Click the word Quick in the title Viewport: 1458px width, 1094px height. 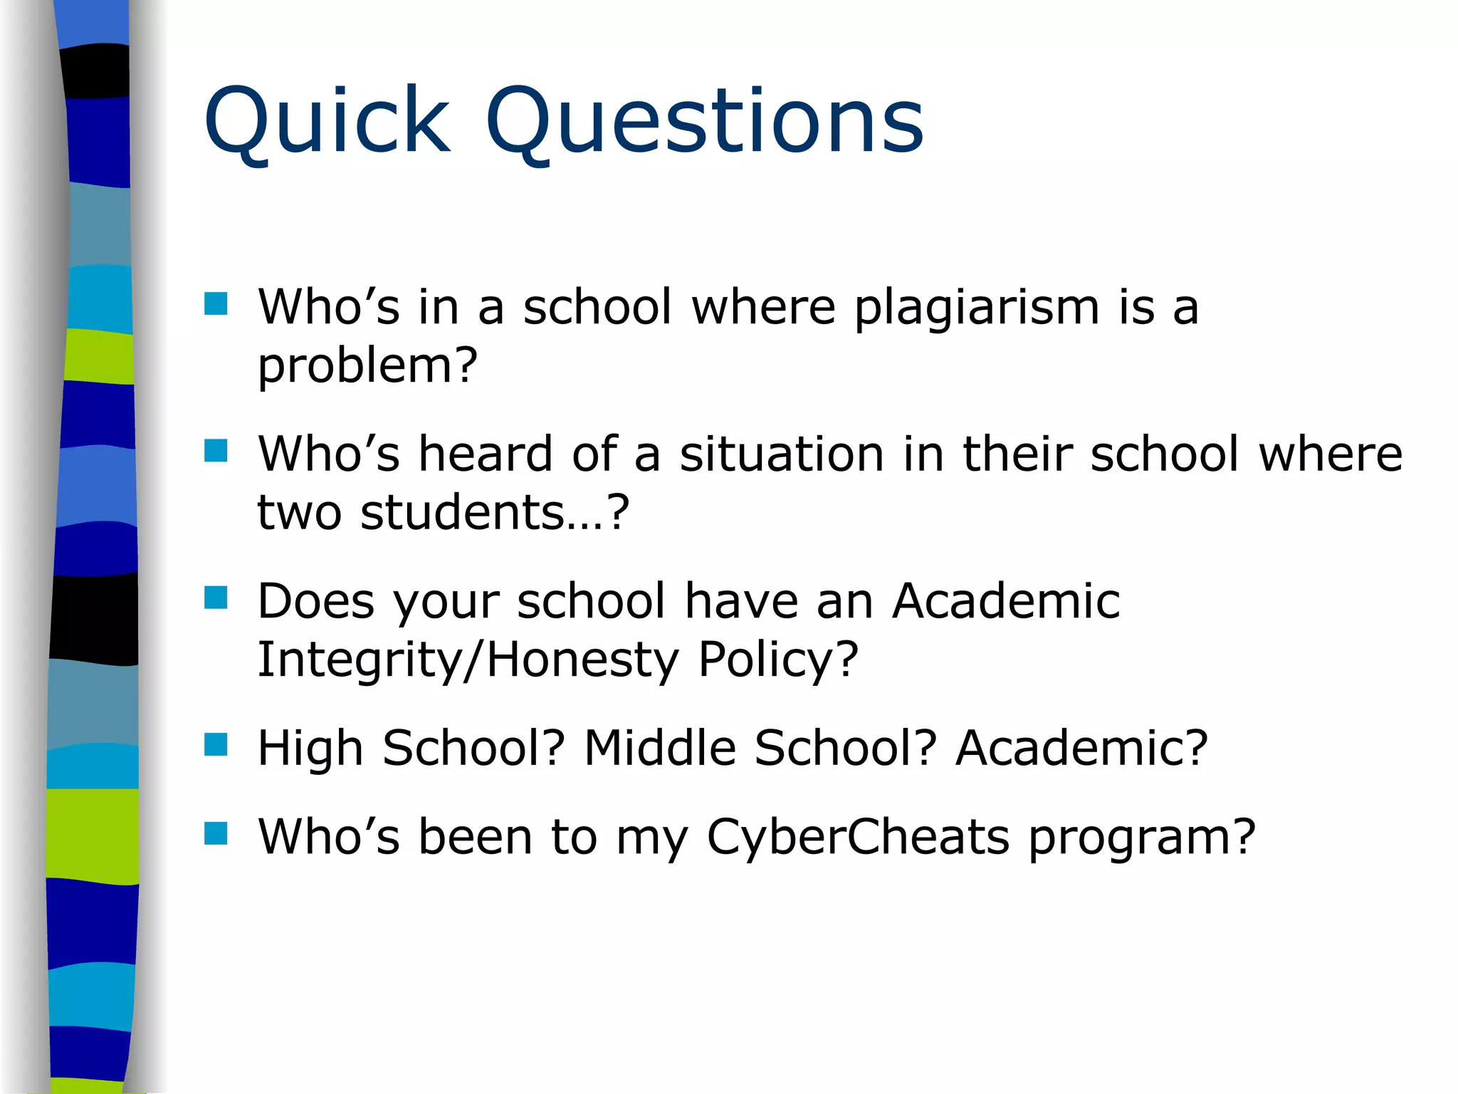(x=327, y=121)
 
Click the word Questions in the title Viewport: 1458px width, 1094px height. (x=705, y=121)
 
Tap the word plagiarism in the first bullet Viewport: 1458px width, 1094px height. (x=977, y=308)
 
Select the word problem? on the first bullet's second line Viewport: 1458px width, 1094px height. (x=367, y=366)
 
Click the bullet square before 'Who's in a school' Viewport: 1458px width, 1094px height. (x=216, y=304)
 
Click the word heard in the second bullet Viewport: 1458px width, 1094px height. (x=486, y=454)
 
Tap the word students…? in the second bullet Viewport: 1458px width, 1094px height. (x=495, y=513)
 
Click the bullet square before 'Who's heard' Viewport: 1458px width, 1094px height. (x=216, y=451)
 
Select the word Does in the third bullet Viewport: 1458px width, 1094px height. (x=315, y=601)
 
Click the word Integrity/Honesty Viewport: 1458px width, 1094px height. (x=468, y=660)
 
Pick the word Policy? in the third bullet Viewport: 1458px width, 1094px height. (x=778, y=660)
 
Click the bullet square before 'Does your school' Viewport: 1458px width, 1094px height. (x=216, y=598)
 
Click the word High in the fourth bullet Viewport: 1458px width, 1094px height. (x=310, y=749)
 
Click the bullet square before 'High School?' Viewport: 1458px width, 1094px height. (x=216, y=745)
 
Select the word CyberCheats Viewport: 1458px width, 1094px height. (x=858, y=837)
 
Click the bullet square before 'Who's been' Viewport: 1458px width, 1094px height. (x=216, y=833)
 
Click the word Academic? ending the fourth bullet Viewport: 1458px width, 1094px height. (x=1081, y=749)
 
